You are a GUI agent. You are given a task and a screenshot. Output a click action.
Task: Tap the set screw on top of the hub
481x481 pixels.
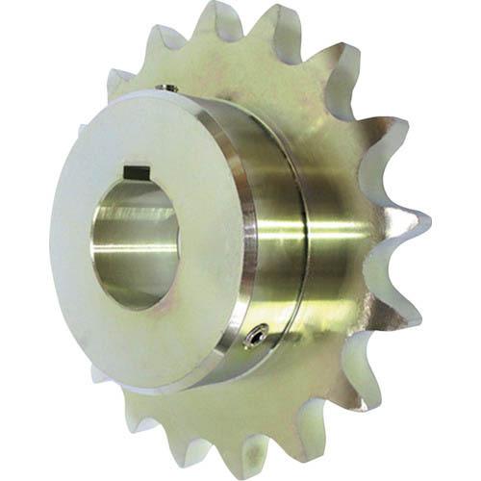[169, 89]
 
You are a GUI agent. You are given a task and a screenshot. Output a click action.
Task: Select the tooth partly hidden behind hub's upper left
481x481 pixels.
[120, 82]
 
